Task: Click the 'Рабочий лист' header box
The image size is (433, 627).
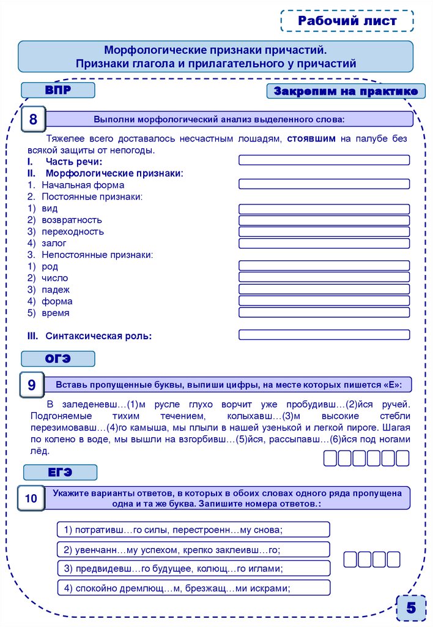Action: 347,21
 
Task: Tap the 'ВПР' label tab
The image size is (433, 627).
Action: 58,91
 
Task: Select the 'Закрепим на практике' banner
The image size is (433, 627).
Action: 346,92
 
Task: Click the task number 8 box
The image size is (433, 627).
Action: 33,119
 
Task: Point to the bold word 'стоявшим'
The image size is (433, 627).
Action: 311,139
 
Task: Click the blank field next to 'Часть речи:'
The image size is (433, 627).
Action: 324,160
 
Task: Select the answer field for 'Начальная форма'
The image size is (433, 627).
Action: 324,184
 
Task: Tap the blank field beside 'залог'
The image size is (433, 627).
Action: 324,243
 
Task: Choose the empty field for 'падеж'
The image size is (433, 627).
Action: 324,289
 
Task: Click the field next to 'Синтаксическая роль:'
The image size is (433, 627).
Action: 324,335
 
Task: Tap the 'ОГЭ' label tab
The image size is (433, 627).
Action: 58,359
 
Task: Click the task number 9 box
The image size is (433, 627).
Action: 32,385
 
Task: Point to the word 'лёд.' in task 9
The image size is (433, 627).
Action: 39,451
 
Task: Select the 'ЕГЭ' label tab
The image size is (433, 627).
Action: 60,472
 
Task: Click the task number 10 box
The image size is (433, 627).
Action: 31,498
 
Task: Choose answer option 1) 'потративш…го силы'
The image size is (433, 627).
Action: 193,529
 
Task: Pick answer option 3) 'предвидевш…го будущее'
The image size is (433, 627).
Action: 193,568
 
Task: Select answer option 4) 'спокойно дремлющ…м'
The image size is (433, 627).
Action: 193,588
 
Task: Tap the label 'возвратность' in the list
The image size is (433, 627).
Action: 72,220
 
